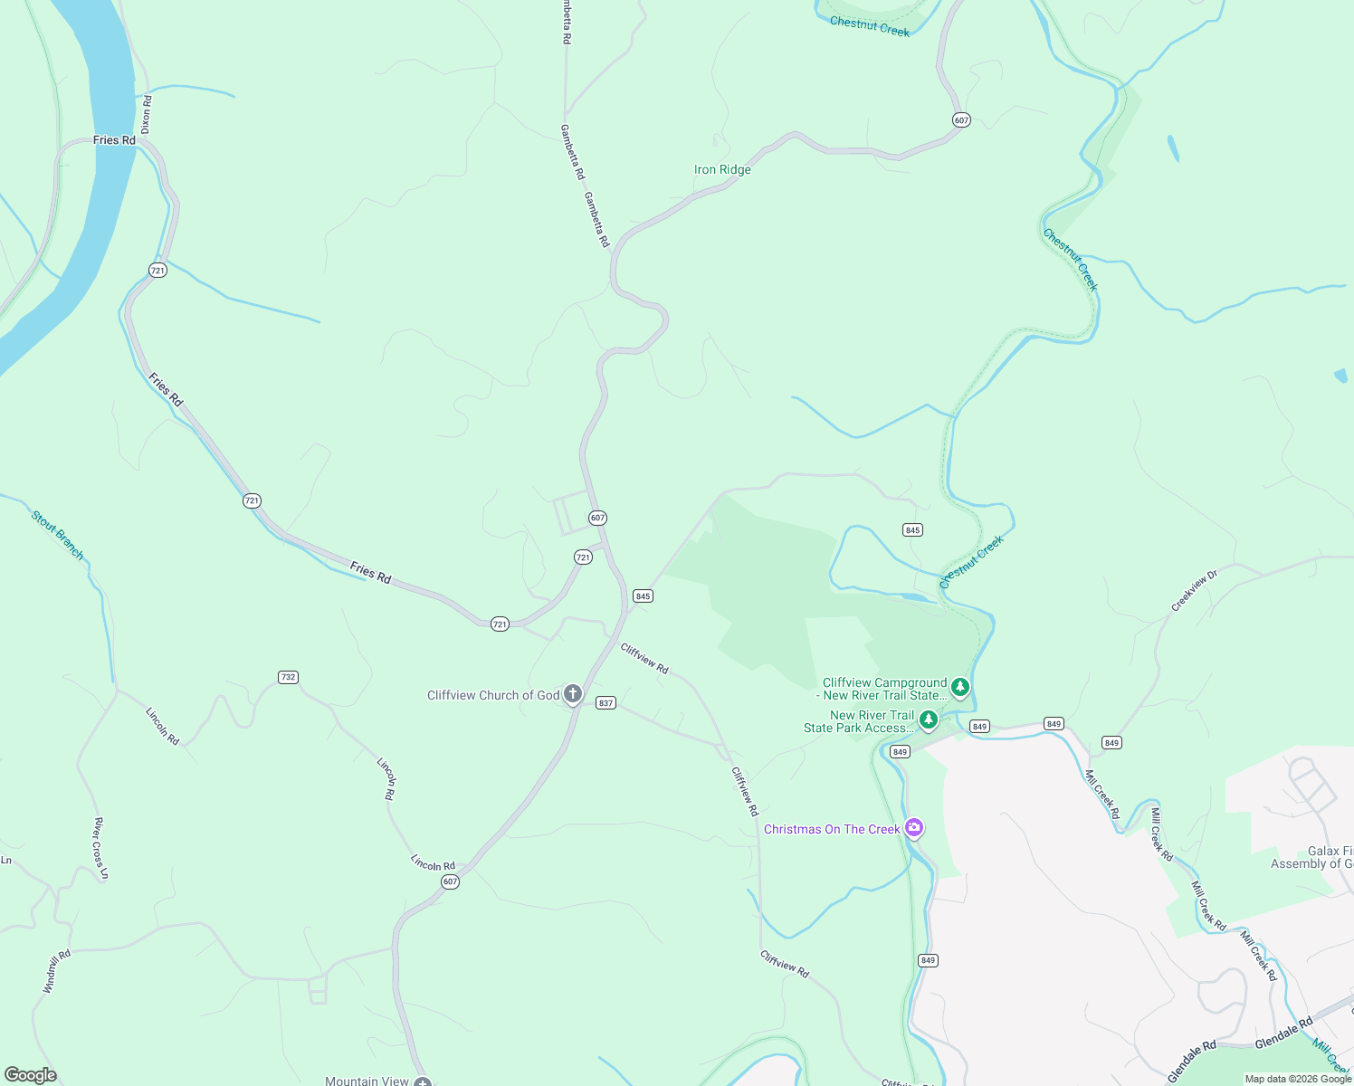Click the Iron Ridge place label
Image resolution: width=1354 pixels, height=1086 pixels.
click(x=722, y=169)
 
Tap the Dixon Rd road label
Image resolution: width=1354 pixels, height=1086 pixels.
click(x=147, y=115)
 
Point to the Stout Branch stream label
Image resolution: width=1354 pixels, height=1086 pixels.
click(x=57, y=535)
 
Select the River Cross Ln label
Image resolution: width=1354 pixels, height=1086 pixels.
click(x=100, y=848)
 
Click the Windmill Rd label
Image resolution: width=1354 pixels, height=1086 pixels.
click(x=56, y=971)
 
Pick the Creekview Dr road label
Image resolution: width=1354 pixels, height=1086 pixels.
click(x=1195, y=591)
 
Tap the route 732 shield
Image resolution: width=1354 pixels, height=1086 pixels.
click(x=288, y=677)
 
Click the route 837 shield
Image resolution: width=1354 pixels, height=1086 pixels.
click(x=606, y=702)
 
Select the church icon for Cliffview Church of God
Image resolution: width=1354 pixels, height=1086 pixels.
click(x=572, y=694)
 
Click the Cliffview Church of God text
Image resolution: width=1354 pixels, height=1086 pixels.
click(x=493, y=695)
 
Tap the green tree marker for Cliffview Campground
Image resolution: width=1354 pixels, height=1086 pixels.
click(x=959, y=688)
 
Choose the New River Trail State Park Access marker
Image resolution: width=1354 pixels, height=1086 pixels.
click(x=928, y=720)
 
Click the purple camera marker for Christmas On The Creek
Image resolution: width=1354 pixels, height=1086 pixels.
click(x=914, y=828)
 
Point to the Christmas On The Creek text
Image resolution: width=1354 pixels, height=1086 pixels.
click(x=832, y=829)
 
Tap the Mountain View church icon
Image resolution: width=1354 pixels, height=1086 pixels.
click(x=423, y=1081)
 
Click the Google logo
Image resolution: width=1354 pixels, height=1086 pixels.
click(x=31, y=1075)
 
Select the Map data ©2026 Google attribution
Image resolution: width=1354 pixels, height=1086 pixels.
click(x=1298, y=1079)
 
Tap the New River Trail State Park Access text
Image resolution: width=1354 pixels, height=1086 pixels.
click(x=859, y=721)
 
